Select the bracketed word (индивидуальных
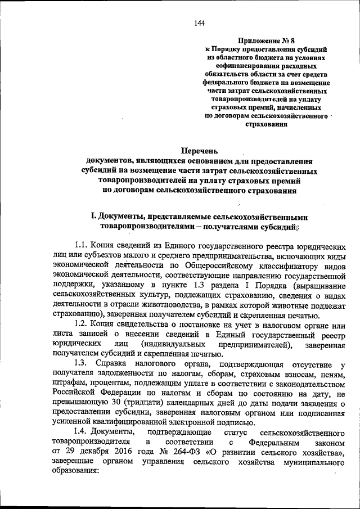pos(177,345)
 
